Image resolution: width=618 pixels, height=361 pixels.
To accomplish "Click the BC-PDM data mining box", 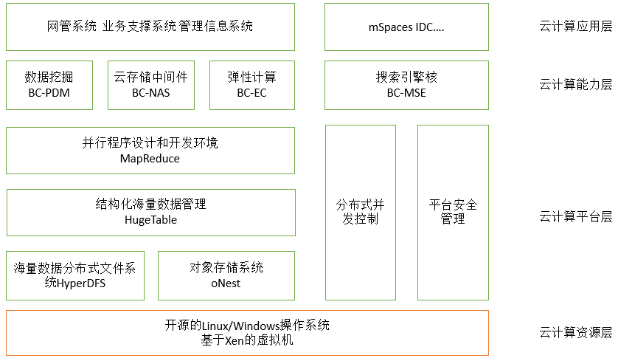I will tap(49, 84).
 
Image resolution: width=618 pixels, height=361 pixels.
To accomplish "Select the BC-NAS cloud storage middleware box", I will tap(150, 84).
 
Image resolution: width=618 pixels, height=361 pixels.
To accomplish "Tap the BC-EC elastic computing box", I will tap(251, 84).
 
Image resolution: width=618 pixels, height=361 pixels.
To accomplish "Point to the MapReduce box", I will tap(150, 150).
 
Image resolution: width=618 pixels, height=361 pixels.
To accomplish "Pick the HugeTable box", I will tap(150, 212).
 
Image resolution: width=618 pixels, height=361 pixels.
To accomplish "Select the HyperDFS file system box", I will tap(74, 275).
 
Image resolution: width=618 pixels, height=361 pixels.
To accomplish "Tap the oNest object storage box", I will tap(226, 275).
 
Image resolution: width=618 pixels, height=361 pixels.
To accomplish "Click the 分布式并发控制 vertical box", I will tap(360, 212).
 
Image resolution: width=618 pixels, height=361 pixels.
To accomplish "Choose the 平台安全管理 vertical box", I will tap(453, 212).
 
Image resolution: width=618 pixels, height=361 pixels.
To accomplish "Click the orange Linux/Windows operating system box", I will tap(247, 332).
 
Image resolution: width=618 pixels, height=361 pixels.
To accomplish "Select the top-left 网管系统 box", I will tap(150, 27).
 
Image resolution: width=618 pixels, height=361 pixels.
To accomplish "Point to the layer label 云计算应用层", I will tap(575, 27).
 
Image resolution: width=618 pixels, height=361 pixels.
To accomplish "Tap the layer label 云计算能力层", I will tap(575, 84).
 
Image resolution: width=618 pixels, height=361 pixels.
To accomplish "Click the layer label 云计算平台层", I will tap(575, 217).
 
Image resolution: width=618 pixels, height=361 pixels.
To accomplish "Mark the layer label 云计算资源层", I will tap(575, 332).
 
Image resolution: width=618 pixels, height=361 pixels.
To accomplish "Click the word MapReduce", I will tap(150, 158).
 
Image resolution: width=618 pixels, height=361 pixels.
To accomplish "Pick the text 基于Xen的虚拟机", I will tap(247, 340).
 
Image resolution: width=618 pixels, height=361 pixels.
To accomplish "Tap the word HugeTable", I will tap(150, 220).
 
